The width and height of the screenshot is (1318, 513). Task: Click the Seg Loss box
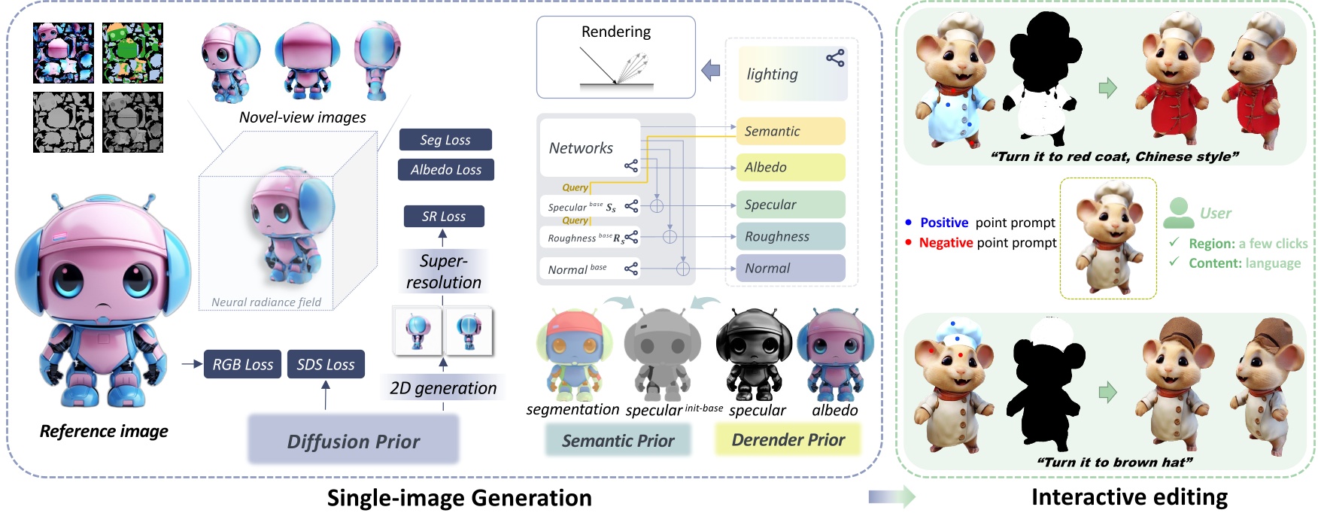click(445, 140)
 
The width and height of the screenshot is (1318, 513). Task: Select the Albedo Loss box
click(446, 170)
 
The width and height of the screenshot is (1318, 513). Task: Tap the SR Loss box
click(444, 217)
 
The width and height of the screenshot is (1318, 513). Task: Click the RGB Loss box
click(242, 365)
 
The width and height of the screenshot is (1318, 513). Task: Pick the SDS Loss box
click(326, 365)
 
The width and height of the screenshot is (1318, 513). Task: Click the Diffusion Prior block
click(354, 441)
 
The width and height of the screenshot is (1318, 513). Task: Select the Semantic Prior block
click(618, 441)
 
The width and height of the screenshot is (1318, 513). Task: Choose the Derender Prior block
click(788, 440)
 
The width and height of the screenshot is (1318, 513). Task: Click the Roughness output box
click(790, 236)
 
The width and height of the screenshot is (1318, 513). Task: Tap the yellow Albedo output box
click(790, 167)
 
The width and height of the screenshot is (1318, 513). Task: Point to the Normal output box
click(790, 269)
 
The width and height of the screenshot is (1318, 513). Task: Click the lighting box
click(792, 74)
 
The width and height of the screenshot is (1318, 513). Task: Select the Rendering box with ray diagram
click(615, 58)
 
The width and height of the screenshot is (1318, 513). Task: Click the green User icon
click(1178, 213)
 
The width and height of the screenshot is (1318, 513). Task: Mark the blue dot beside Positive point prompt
click(909, 223)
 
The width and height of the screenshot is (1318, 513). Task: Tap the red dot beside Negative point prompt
click(909, 242)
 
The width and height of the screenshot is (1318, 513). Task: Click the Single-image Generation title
click(459, 497)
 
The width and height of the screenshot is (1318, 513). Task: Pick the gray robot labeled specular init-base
click(662, 354)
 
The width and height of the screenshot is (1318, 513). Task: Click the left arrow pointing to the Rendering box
click(710, 71)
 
